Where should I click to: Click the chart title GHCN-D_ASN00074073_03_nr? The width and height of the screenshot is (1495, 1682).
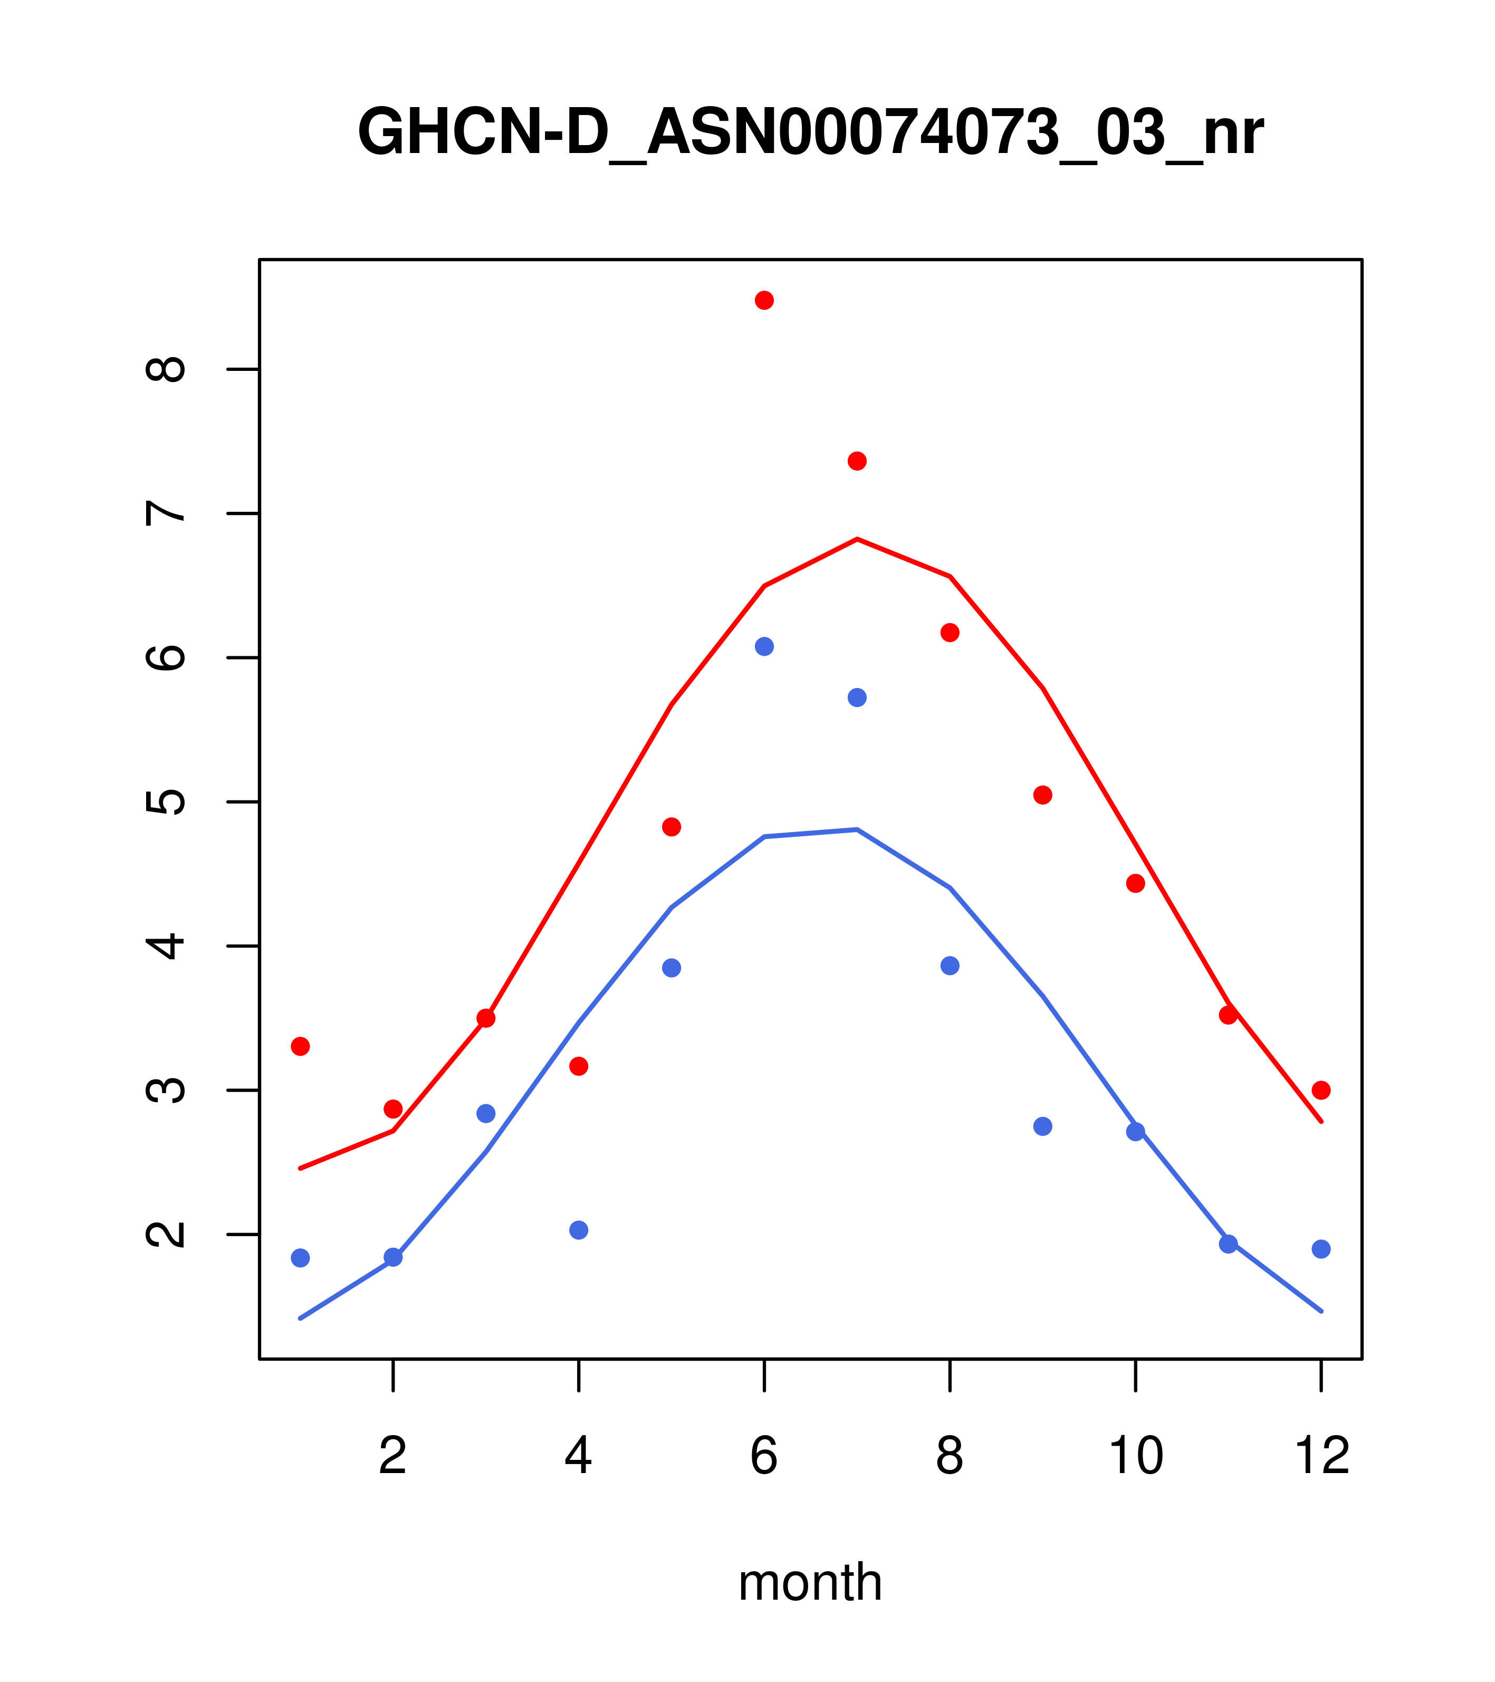pos(810,133)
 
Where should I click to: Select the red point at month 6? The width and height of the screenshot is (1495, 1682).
pos(764,300)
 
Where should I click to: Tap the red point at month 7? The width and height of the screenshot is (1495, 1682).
pos(857,461)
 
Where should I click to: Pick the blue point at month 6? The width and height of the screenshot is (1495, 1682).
pos(764,647)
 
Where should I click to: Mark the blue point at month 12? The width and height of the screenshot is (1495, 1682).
pos(1321,1249)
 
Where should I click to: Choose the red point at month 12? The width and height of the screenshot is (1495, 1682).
pos(1321,1091)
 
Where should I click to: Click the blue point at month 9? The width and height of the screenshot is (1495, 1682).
pos(1042,1126)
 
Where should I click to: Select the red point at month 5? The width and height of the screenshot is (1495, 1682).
pos(672,827)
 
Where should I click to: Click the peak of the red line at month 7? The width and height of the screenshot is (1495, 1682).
pos(857,539)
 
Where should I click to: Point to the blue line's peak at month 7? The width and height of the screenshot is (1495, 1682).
pos(857,829)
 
